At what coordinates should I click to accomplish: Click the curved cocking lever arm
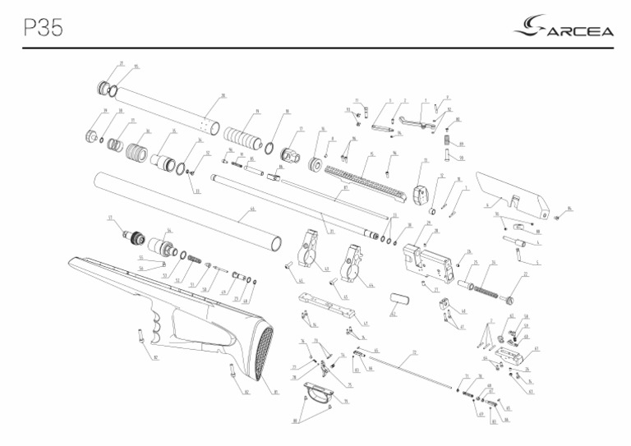tap(425, 122)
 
